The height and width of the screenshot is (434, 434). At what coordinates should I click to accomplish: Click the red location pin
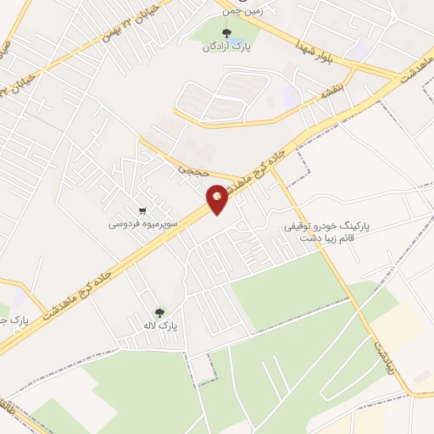coord(217,198)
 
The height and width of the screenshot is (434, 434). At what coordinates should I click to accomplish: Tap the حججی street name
coord(188,170)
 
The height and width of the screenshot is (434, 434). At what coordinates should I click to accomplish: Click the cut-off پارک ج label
coord(14,322)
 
